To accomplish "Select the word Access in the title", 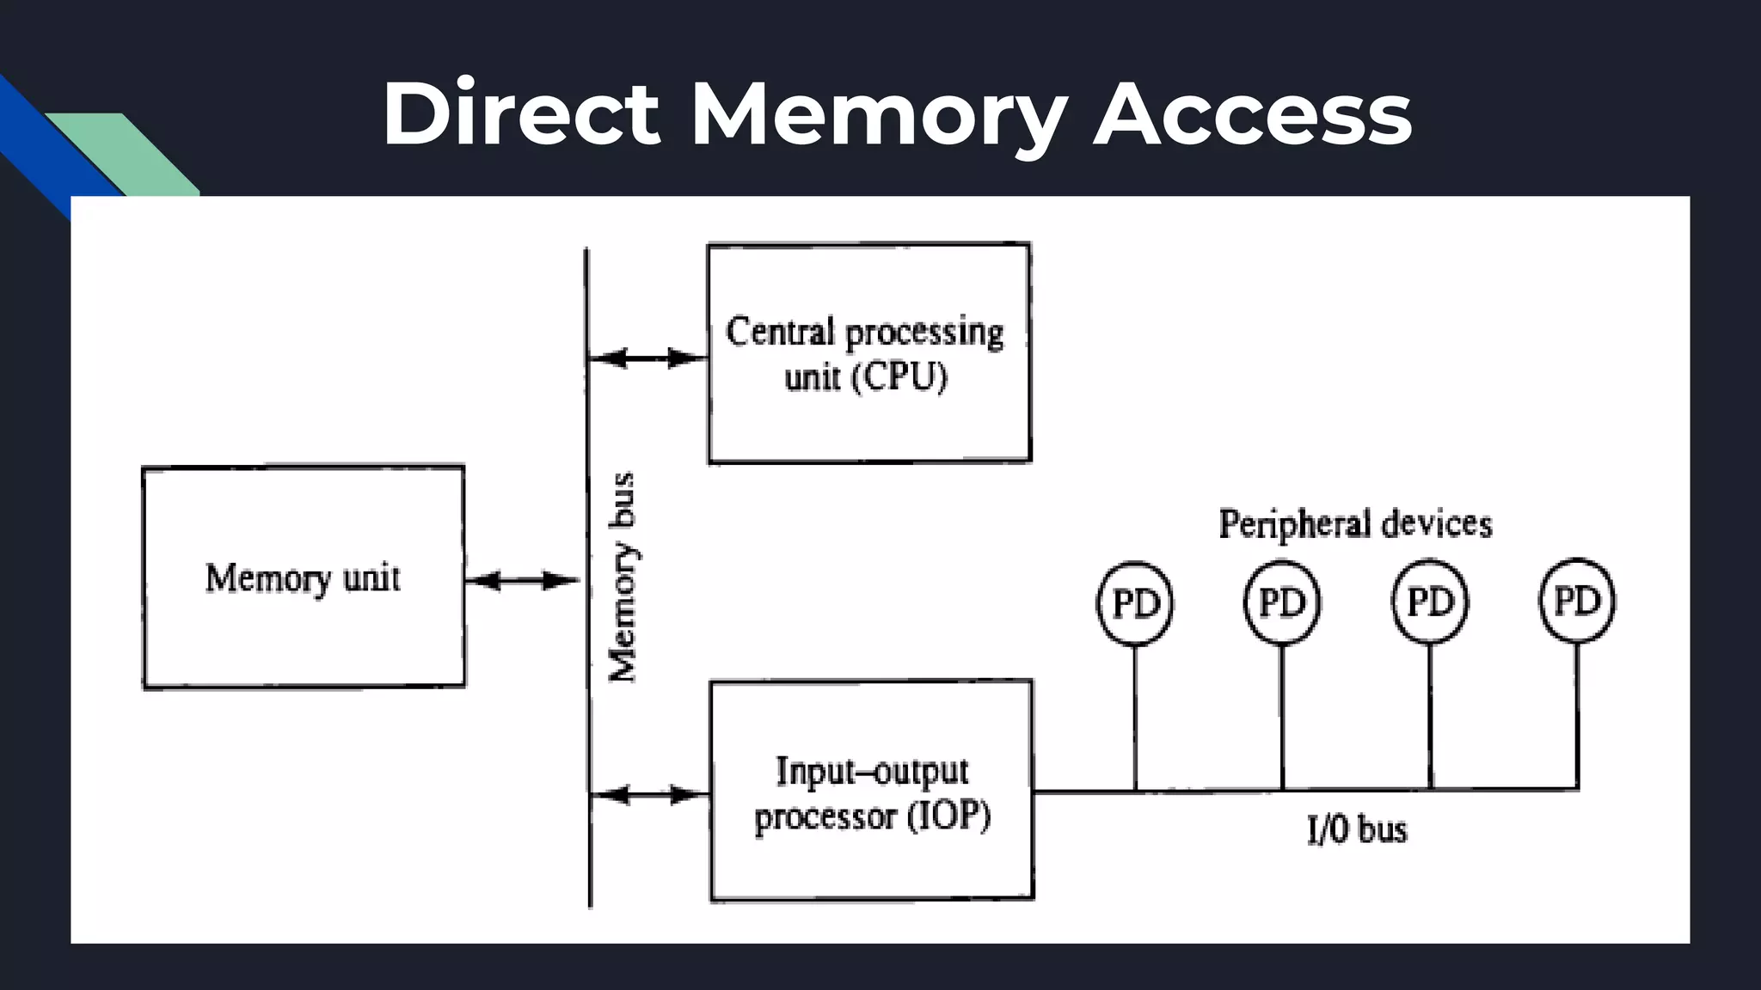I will (x=1252, y=115).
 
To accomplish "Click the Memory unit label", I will (x=303, y=578).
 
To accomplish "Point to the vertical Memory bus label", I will (x=623, y=577).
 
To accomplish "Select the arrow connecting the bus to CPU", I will (x=647, y=358).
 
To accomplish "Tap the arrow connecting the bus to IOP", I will (x=650, y=795).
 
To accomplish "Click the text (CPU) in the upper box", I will (x=899, y=377).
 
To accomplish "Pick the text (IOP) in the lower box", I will (x=949, y=816).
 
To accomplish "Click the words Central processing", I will (x=864, y=333).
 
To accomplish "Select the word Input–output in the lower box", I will (x=872, y=771).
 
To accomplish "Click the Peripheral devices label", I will (x=1355, y=524).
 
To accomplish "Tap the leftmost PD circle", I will (x=1135, y=603).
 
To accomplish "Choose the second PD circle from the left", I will (x=1282, y=602).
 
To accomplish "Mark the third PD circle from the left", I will (x=1430, y=602).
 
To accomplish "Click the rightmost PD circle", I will (x=1577, y=601).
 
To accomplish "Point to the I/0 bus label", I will (x=1357, y=830).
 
